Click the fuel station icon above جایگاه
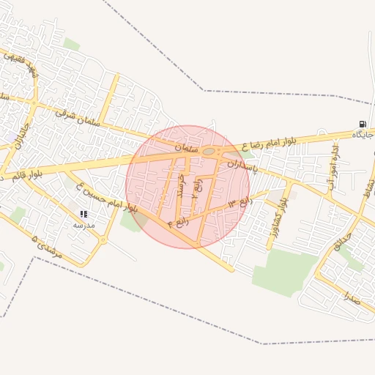coord(362,124)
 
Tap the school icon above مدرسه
coord(83,214)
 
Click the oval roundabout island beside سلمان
coord(209,152)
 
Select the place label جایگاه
coord(363,135)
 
